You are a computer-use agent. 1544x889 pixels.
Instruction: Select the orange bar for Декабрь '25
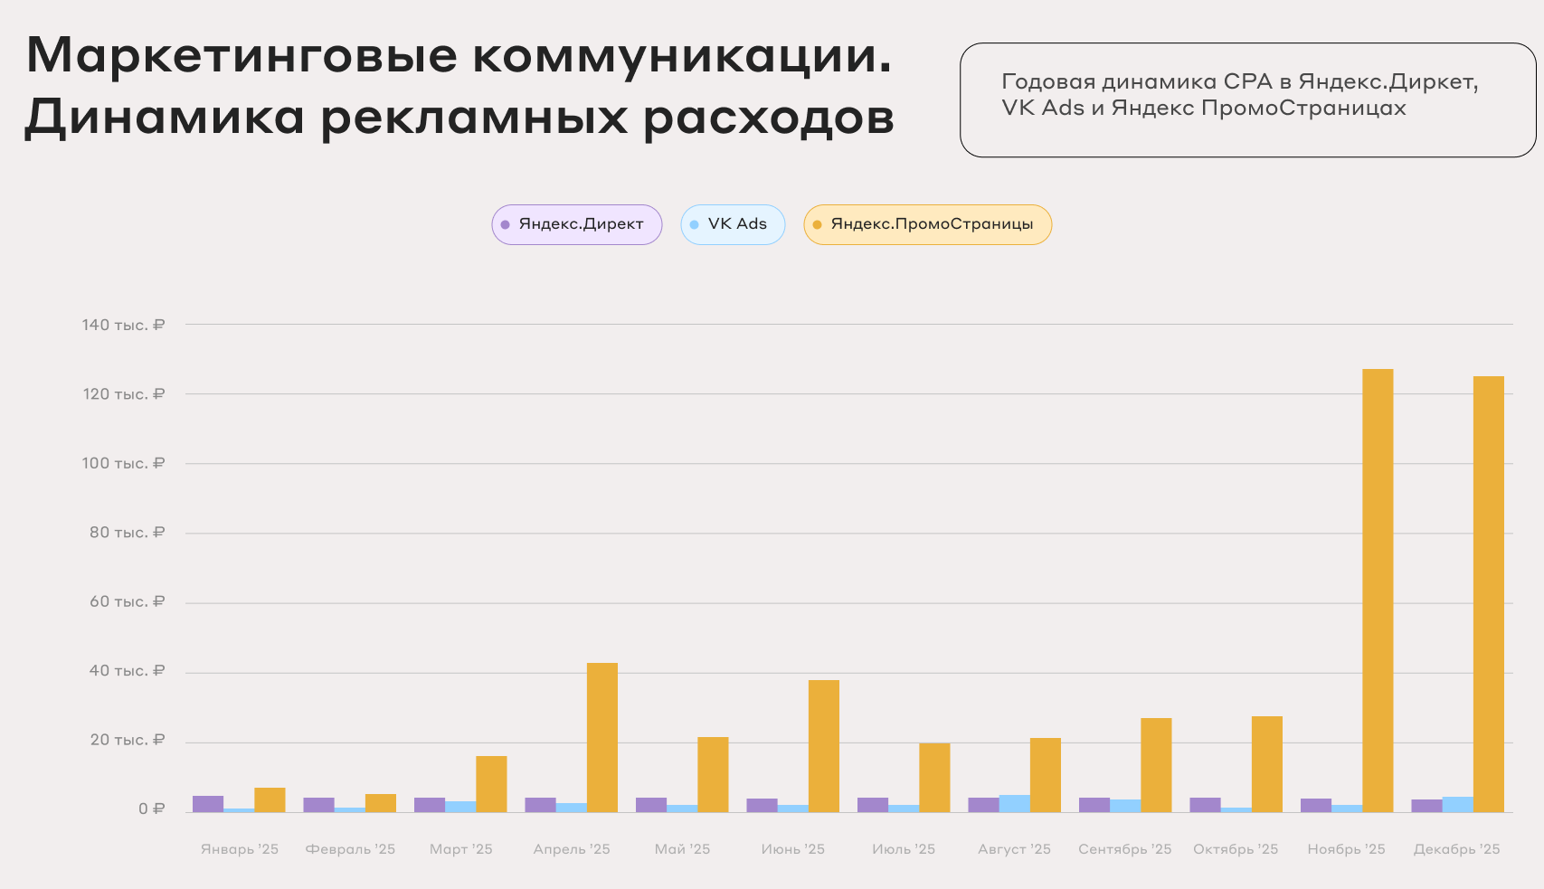point(1489,593)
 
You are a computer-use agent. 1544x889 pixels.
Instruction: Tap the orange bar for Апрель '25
point(602,737)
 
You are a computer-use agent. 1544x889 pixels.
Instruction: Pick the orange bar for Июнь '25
point(824,745)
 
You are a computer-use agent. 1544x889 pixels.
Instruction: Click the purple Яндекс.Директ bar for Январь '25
point(208,804)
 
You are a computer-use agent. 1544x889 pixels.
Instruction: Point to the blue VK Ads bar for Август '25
point(1015,803)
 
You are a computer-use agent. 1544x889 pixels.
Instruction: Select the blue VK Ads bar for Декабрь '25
point(1458,804)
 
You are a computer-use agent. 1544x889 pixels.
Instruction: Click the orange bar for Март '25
point(491,783)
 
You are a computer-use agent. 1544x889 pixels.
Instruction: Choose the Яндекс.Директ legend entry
point(577,224)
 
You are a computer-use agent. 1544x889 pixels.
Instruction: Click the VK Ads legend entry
point(733,224)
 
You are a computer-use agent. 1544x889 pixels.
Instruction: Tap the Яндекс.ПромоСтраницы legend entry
point(927,224)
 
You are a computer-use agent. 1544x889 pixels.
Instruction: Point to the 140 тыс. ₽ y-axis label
point(123,325)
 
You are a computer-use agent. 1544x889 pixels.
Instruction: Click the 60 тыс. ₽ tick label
point(127,601)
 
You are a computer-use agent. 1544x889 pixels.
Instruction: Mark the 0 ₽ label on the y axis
point(151,809)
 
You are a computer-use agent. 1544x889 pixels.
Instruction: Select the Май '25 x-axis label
point(682,849)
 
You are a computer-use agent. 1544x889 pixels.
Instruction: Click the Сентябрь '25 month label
point(1124,849)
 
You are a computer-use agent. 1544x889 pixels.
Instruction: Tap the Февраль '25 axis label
point(350,849)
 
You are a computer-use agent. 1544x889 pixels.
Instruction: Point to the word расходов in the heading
point(769,118)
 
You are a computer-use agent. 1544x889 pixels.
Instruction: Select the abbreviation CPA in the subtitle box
point(1248,81)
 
